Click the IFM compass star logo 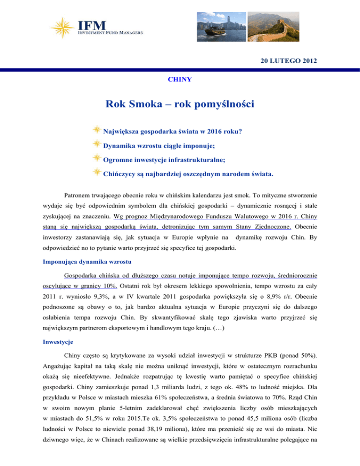[x=65, y=29]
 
